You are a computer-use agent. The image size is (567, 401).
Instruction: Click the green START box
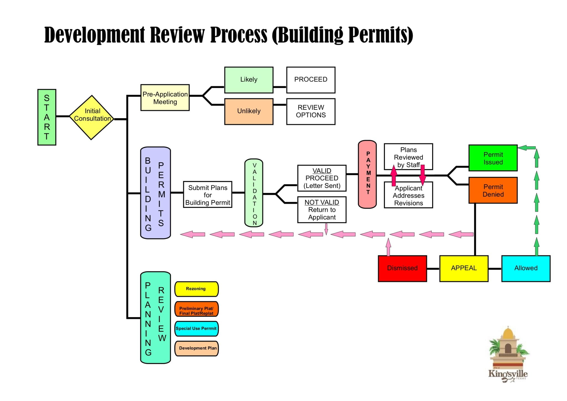tap(47, 117)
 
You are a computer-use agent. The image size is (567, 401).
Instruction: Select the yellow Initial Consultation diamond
tap(92, 117)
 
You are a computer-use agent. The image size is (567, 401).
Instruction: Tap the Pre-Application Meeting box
tap(165, 98)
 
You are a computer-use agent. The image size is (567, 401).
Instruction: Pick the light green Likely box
tap(249, 80)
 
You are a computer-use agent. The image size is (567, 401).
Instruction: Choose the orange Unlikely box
tap(249, 111)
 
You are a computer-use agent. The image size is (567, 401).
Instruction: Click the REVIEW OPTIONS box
tap(311, 111)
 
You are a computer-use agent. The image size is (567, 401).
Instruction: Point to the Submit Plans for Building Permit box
tap(208, 195)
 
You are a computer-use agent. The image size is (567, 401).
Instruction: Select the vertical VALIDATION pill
tap(254, 193)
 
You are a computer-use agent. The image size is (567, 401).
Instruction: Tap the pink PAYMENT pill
tap(367, 174)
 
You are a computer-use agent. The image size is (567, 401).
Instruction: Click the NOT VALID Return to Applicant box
tap(322, 210)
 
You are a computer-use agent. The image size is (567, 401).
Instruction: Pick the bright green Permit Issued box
tap(493, 158)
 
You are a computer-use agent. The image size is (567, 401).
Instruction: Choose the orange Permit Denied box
tap(493, 190)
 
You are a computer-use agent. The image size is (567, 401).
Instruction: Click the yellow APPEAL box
tap(464, 268)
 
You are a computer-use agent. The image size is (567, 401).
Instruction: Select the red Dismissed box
tap(402, 268)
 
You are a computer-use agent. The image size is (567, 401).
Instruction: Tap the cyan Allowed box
tap(526, 268)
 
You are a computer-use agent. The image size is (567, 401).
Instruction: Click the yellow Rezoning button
tap(196, 289)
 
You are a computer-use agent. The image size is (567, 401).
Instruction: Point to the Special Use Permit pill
tap(196, 328)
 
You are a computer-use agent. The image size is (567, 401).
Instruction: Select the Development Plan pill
tap(196, 348)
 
